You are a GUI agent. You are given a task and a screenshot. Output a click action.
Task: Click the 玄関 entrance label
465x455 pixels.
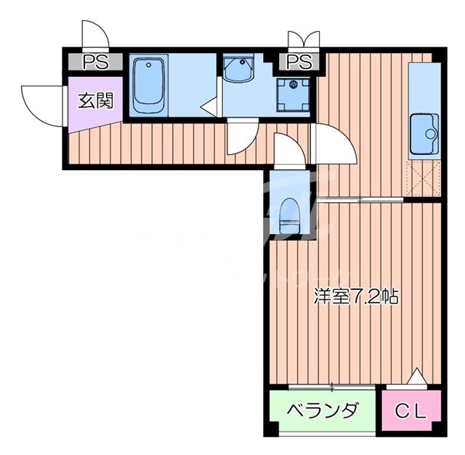tap(95, 101)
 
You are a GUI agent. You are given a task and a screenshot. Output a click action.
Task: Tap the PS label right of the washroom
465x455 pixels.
tap(299, 61)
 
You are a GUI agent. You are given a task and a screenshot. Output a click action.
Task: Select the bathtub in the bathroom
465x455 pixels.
tap(150, 84)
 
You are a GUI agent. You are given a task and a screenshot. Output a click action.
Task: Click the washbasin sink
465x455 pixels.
tap(238, 71)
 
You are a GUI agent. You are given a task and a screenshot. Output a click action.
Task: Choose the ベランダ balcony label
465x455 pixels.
tap(323, 412)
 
